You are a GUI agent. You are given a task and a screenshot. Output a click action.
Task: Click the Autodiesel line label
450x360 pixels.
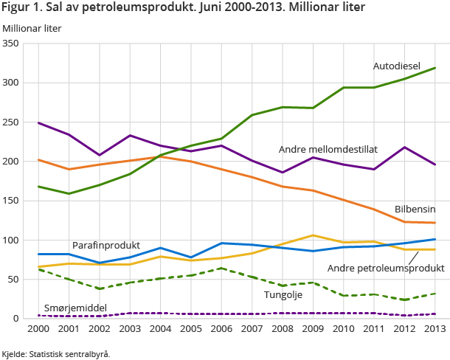[x=396, y=66]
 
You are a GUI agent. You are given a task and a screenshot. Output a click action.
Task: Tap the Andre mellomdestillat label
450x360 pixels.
[x=328, y=149]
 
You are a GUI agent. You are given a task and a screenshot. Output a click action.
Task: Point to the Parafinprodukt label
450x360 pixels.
[x=106, y=245]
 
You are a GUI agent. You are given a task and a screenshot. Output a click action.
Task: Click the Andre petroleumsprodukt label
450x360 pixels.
[x=386, y=269]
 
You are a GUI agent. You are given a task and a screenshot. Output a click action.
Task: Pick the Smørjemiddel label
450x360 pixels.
[x=76, y=308]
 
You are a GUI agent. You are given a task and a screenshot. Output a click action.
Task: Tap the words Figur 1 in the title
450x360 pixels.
[x=20, y=9]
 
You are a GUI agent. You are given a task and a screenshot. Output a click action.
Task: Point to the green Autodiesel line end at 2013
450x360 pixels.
[x=434, y=68]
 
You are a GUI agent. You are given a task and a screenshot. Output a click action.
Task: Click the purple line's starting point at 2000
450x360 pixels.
[x=38, y=122]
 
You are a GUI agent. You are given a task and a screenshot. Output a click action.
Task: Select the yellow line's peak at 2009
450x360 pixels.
[x=313, y=235]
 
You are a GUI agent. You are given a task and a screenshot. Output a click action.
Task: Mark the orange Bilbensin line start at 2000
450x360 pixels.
[x=38, y=160]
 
